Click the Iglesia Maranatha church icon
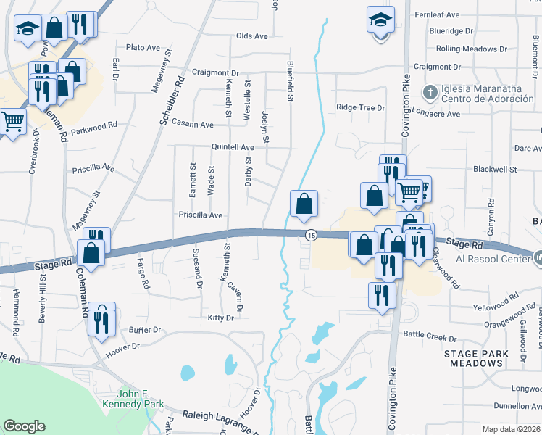pos(430,93)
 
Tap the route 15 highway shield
pos(311,235)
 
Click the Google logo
pos(25,426)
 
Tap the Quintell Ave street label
pos(232,146)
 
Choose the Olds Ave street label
pos(252,36)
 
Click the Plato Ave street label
pos(143,48)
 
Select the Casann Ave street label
pos(192,125)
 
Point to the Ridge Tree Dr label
pos(360,107)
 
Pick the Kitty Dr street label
pos(221,318)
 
